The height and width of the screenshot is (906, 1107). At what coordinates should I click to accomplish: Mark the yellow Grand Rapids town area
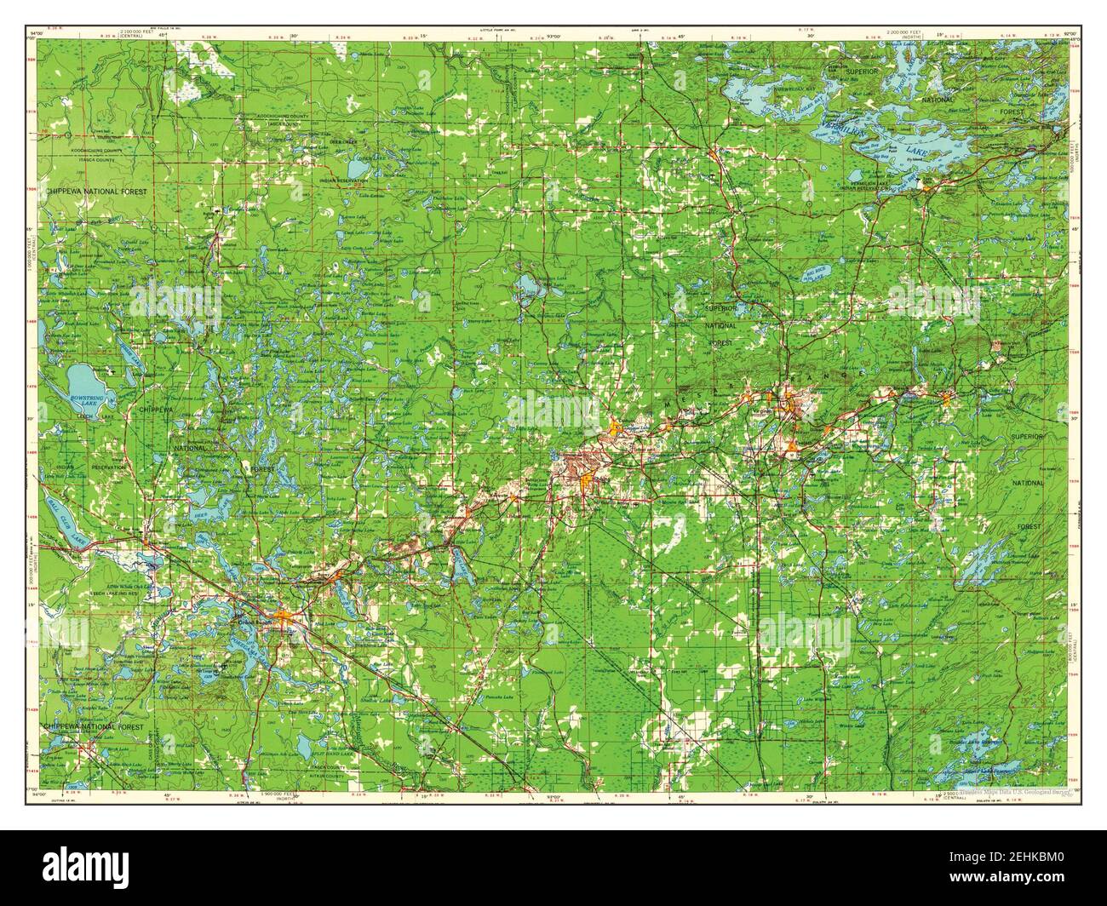286,614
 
